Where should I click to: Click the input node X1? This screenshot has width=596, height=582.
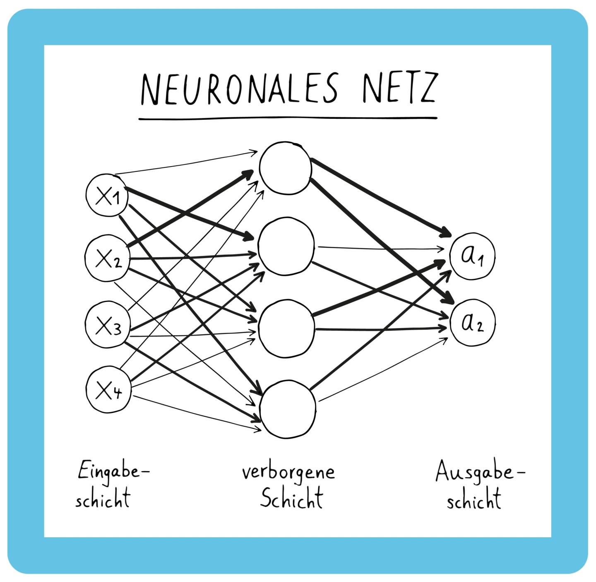point(107,195)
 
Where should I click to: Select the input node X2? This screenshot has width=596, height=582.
point(107,258)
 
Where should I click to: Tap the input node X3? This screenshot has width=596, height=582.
point(108,324)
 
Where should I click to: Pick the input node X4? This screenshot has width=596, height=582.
point(108,389)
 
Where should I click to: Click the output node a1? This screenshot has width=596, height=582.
point(472,256)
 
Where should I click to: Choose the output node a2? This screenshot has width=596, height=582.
point(472,323)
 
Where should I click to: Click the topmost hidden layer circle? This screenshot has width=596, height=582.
point(286,168)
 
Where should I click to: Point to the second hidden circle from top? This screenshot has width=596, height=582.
point(286,246)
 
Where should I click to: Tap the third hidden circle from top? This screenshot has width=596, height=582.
point(286,328)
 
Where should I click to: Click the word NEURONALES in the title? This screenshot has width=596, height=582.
point(239,89)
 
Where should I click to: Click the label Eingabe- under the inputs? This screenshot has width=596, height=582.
point(113,471)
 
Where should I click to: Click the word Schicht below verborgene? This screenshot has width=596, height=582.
point(291,498)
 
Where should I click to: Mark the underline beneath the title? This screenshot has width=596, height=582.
point(288,118)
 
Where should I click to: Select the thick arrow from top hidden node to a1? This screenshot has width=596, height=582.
point(381,197)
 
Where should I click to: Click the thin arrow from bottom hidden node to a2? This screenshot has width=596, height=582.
point(383,370)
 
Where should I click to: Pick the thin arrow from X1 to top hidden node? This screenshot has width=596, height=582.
point(186,163)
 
